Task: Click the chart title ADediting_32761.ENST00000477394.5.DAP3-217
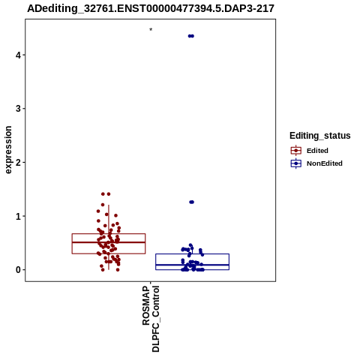coord(151,9)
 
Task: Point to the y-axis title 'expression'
coord(8,150)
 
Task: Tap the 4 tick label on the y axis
coord(18,55)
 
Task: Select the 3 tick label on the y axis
coord(18,109)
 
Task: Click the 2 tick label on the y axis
coord(18,163)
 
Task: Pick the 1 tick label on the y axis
coord(18,216)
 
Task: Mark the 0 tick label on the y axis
coord(18,270)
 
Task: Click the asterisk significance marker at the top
coord(151,30)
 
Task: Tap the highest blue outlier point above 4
coord(191,36)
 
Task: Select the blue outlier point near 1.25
coord(191,202)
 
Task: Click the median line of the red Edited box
coord(109,242)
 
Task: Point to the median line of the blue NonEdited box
coord(192,265)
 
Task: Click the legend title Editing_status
coord(320,136)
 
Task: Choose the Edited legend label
coord(317,151)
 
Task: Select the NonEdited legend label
coord(325,163)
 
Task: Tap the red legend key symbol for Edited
coord(296,151)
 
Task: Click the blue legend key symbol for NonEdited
coord(296,163)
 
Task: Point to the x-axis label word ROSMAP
coord(146,305)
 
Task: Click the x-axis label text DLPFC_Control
coord(155,319)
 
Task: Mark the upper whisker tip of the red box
coord(109,205)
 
